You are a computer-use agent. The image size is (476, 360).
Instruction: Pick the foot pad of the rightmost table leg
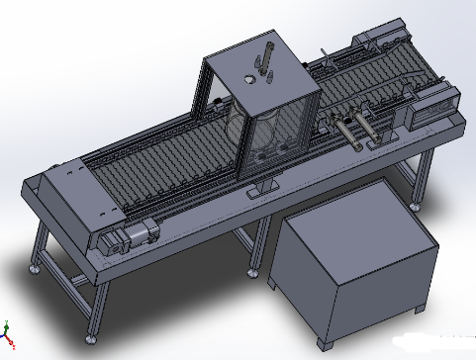point(420,207)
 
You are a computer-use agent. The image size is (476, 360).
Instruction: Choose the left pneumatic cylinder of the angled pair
point(347,132)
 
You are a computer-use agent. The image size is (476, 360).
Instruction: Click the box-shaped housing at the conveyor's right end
point(428,109)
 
